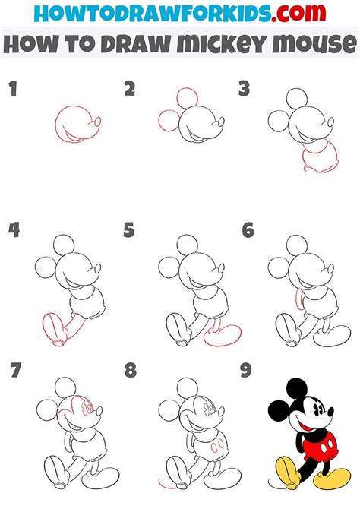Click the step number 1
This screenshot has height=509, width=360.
coord(12,90)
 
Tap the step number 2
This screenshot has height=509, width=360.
coord(130,90)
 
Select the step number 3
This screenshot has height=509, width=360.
coord(245,90)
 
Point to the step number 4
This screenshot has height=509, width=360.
coord(13,230)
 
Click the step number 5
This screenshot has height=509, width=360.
coord(129,230)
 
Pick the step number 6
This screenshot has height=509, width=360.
coord(248,230)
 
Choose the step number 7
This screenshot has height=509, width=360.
coord(14,371)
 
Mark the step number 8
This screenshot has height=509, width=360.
coord(130,371)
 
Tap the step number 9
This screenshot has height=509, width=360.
coord(245,371)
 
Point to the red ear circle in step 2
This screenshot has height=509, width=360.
coord(185,99)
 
